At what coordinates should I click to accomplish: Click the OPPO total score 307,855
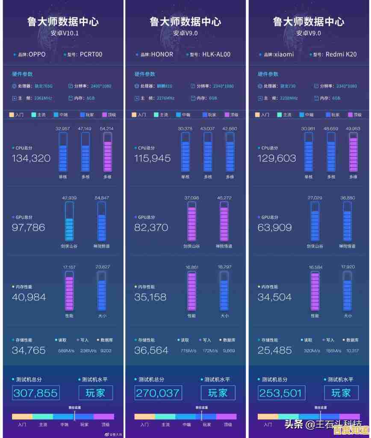click(x=35, y=393)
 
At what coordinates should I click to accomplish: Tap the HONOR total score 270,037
click(x=158, y=393)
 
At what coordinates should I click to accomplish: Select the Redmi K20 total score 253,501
click(x=280, y=393)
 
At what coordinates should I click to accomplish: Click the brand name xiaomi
click(x=284, y=55)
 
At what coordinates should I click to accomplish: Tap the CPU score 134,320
click(x=31, y=158)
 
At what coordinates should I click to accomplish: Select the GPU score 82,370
click(x=151, y=228)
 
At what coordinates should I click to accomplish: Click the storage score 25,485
click(x=274, y=350)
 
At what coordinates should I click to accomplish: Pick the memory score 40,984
click(x=29, y=297)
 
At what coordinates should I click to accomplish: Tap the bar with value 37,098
click(x=191, y=222)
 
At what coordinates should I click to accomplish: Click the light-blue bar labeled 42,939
click(x=69, y=222)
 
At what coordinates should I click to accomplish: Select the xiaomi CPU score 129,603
click(x=277, y=158)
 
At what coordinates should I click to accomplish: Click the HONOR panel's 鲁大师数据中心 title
click(x=185, y=21)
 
